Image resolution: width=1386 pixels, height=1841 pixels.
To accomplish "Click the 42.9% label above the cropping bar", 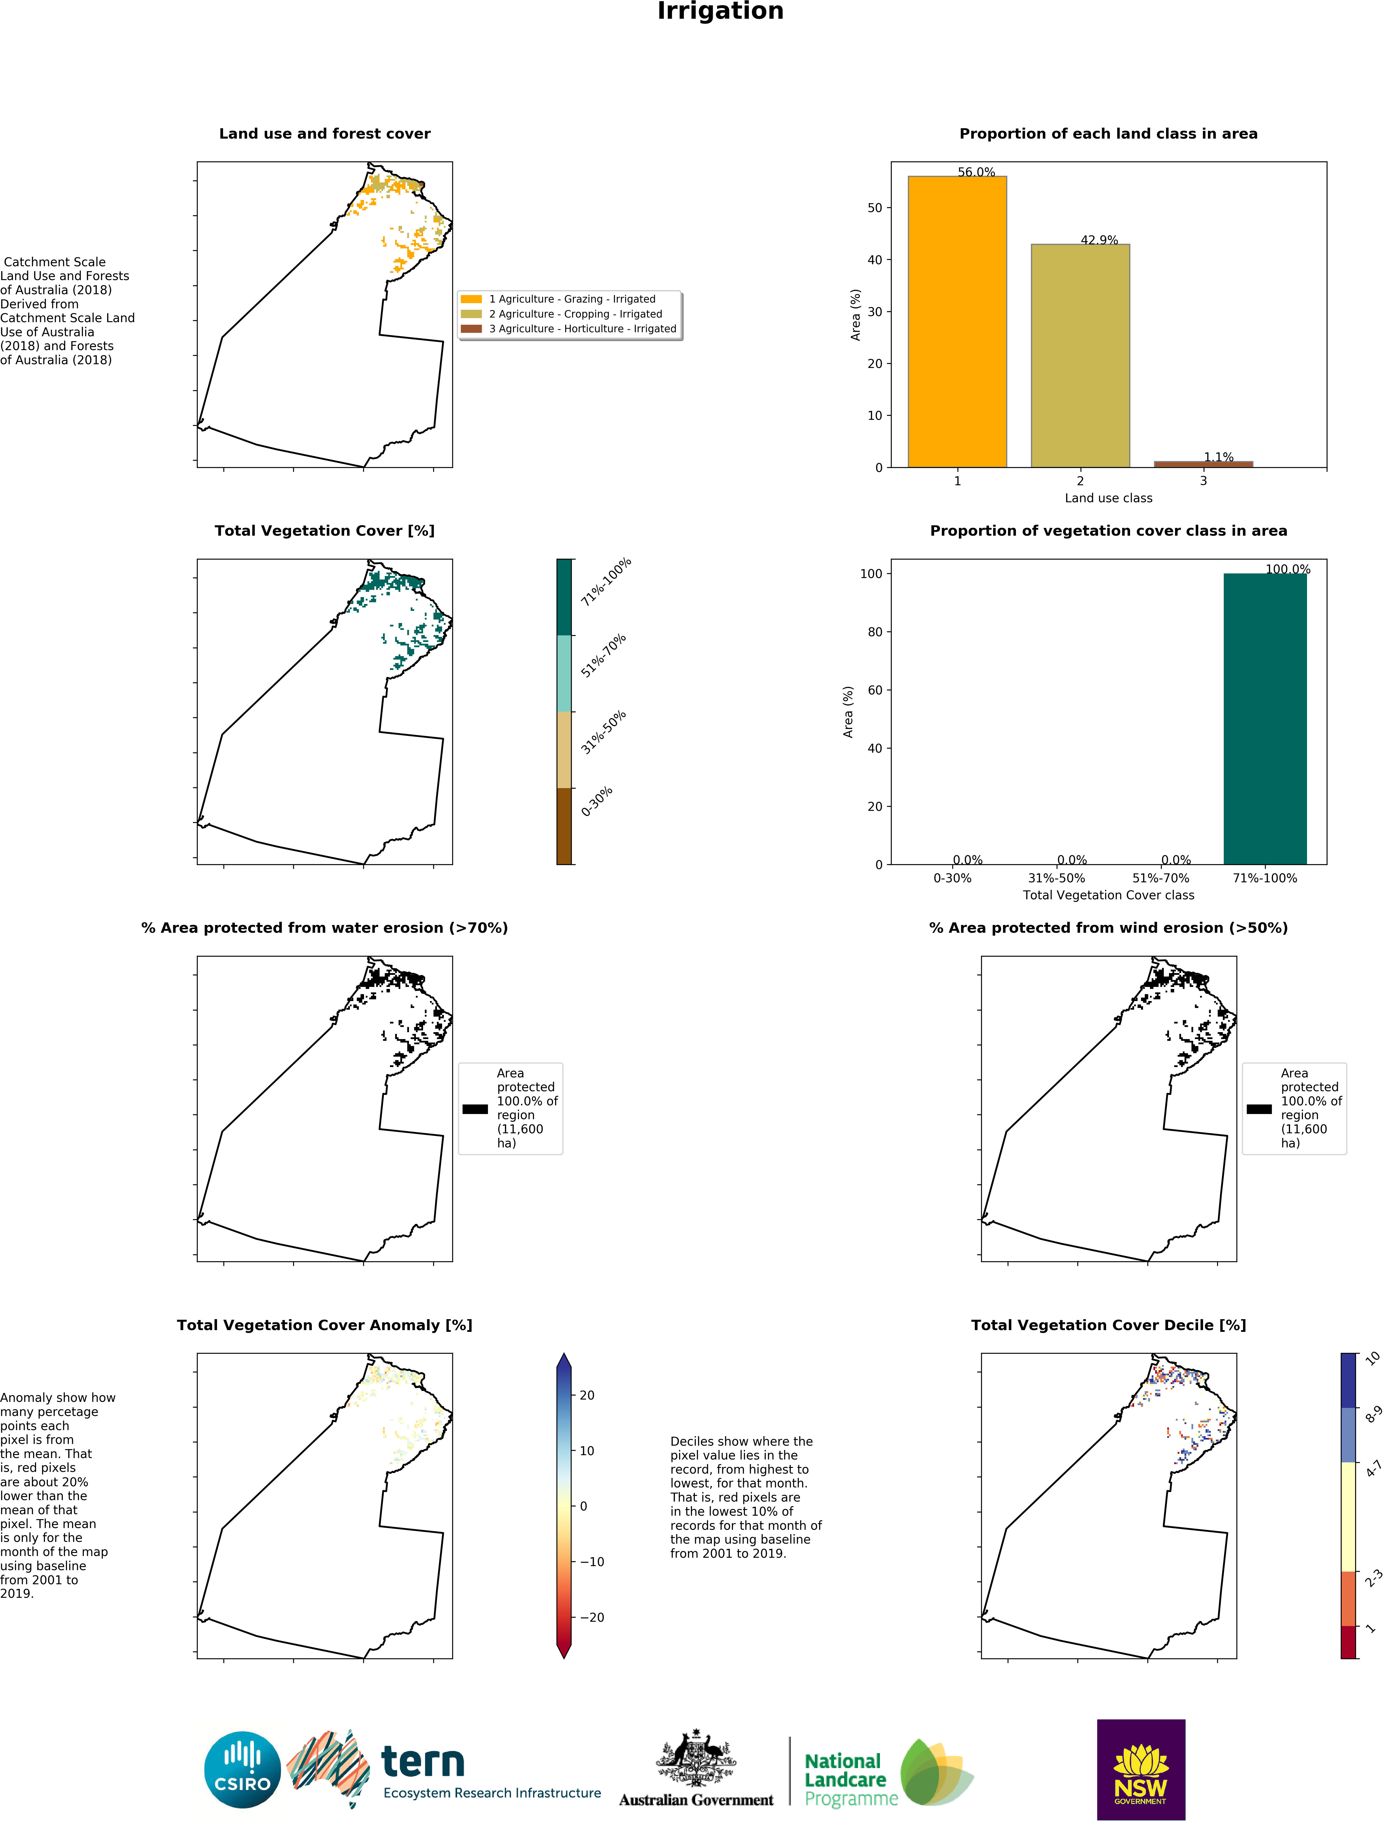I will (x=1099, y=240).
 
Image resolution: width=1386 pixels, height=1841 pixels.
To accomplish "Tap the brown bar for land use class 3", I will (x=1203, y=464).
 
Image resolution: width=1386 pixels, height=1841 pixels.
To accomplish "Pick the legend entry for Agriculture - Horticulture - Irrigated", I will (x=582, y=329).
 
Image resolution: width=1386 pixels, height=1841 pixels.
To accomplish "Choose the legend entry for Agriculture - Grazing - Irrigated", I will (x=572, y=299).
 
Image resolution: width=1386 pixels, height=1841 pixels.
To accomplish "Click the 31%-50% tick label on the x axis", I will (x=1056, y=878).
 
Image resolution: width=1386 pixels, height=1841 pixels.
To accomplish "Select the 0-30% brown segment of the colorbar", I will (x=564, y=826).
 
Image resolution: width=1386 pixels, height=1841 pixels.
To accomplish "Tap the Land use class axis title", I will (x=1108, y=498).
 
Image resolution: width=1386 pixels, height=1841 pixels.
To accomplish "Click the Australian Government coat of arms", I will (x=696, y=1758).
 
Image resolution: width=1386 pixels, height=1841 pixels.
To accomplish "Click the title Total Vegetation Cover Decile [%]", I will (x=1108, y=1325).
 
